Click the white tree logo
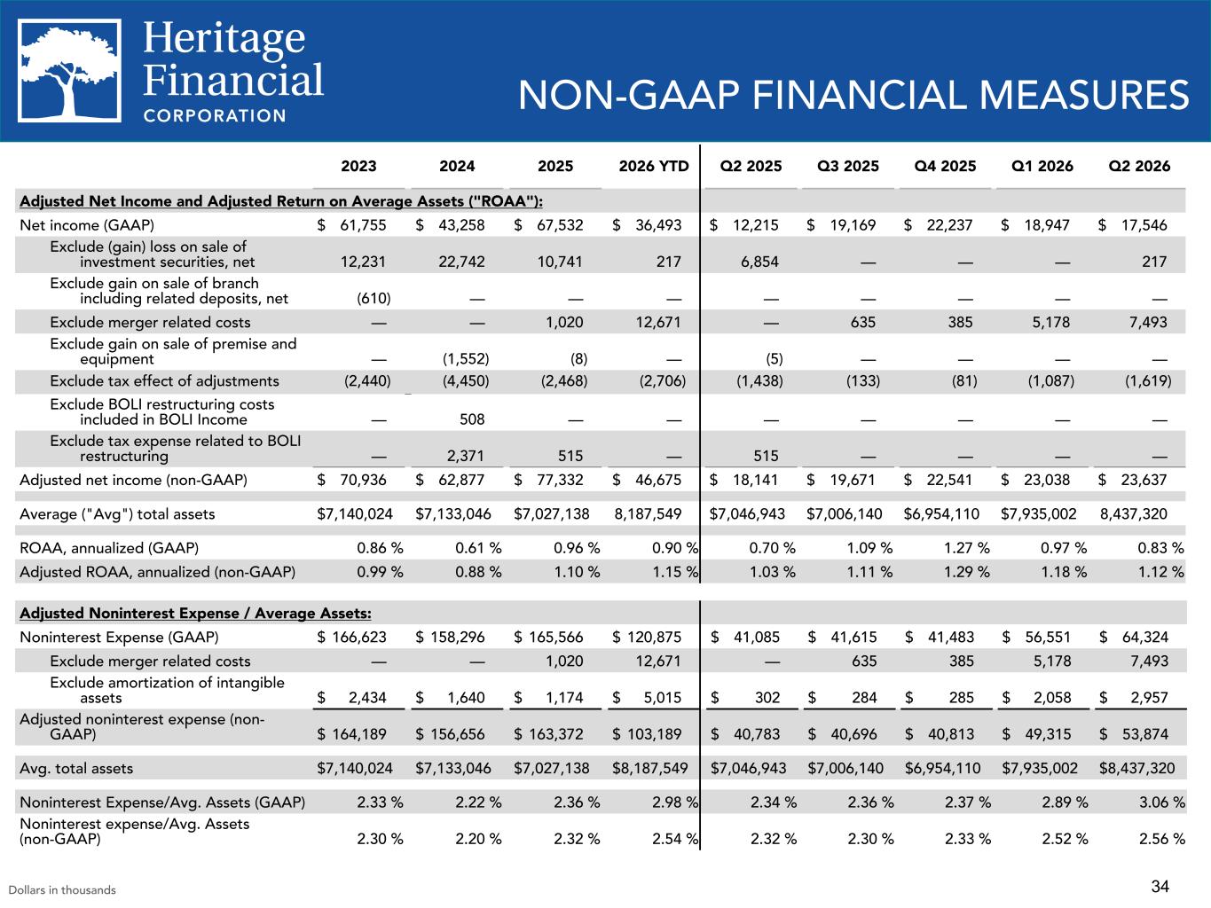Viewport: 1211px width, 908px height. click(x=69, y=71)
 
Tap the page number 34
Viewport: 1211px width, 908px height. click(x=1160, y=887)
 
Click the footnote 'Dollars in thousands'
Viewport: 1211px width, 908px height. click(x=62, y=889)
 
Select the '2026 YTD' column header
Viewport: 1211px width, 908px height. click(x=654, y=166)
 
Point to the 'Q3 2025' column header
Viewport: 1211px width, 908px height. click(x=848, y=166)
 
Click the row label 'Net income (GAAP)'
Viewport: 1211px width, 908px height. click(x=87, y=225)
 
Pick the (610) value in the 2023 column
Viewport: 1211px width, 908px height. click(x=374, y=298)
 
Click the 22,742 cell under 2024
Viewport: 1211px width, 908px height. click(x=462, y=262)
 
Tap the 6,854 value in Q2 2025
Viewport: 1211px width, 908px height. click(x=759, y=262)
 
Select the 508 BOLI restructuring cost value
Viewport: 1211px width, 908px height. click(x=472, y=419)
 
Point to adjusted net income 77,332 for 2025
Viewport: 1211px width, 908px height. click(x=560, y=480)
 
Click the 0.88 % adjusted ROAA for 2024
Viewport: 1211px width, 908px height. click(x=478, y=572)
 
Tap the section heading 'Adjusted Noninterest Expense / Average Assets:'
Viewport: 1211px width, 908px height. click(x=196, y=613)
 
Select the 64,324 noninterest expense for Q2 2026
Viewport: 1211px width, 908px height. click(x=1145, y=637)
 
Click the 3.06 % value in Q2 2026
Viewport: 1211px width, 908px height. click(x=1162, y=802)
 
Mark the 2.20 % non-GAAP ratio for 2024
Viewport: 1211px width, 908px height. click(x=478, y=839)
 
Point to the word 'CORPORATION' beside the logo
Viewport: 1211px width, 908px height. click(x=215, y=116)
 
